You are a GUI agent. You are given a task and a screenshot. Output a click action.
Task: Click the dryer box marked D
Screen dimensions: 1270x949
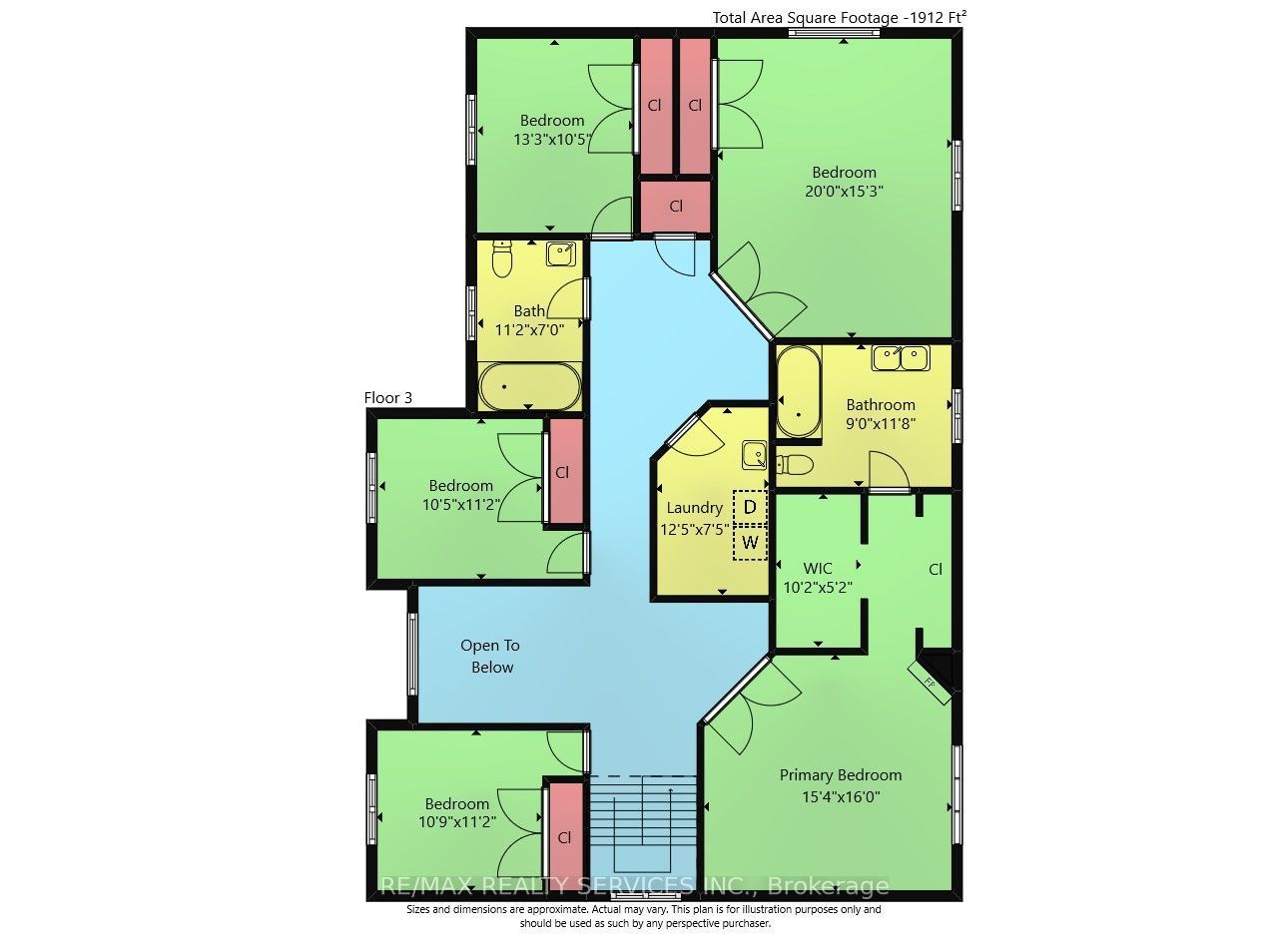point(749,507)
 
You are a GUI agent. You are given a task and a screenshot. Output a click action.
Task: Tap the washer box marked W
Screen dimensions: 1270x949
point(749,543)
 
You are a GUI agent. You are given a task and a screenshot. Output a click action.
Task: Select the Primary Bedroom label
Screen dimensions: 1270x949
point(840,775)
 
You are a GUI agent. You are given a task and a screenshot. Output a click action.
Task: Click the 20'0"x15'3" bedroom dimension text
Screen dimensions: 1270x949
point(844,191)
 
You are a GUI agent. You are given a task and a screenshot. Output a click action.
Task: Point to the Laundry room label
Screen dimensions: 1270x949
point(694,508)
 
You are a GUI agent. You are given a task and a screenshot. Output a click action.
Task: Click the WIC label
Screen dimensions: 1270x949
point(818,568)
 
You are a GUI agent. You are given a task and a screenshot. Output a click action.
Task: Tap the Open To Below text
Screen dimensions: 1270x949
point(490,656)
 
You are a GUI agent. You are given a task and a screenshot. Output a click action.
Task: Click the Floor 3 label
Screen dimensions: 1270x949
point(387,398)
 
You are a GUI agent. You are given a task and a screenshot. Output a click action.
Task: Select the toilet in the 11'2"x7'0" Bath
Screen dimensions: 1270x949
point(502,258)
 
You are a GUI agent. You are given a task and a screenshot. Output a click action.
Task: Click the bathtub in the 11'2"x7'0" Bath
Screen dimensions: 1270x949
point(529,386)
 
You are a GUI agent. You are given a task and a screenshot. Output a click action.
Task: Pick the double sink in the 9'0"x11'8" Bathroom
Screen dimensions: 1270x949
point(901,358)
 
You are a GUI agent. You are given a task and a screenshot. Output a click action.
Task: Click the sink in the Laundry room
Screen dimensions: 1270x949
point(755,455)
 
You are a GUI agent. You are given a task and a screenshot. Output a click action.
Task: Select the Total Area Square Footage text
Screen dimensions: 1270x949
point(839,17)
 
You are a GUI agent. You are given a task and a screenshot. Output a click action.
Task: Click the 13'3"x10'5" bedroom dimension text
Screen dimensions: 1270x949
point(553,140)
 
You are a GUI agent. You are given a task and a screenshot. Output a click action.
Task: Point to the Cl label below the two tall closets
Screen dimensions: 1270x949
point(676,206)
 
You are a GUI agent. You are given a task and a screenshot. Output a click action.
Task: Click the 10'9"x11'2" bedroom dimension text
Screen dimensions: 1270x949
point(457,821)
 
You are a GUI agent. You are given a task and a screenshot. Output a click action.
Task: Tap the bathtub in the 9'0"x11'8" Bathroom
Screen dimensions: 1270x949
point(799,392)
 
